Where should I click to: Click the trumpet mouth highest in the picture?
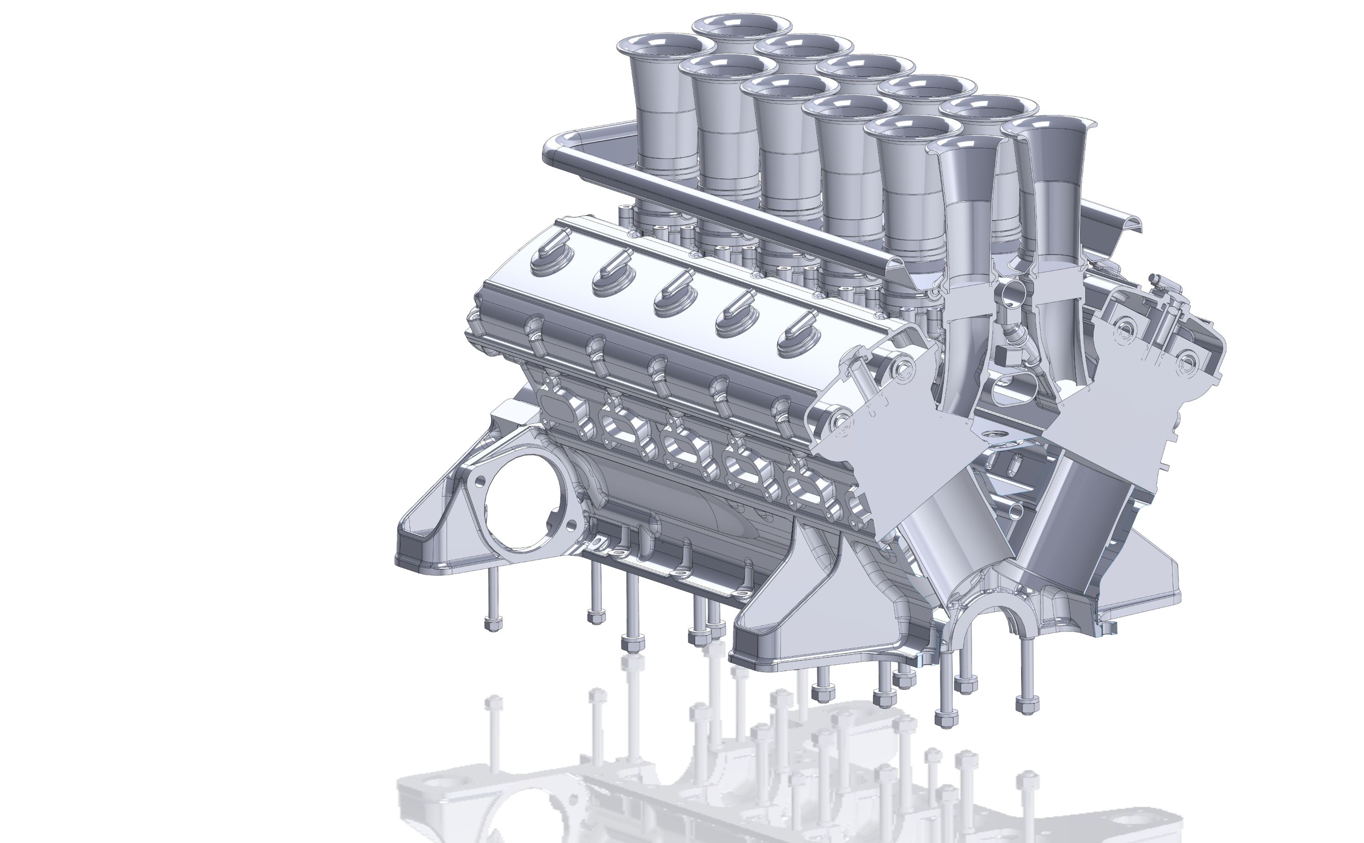click(x=742, y=25)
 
